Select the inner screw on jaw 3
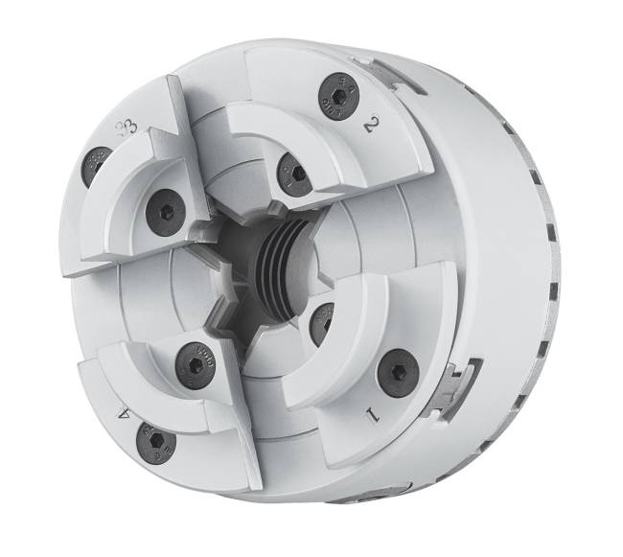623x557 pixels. click(164, 210)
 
